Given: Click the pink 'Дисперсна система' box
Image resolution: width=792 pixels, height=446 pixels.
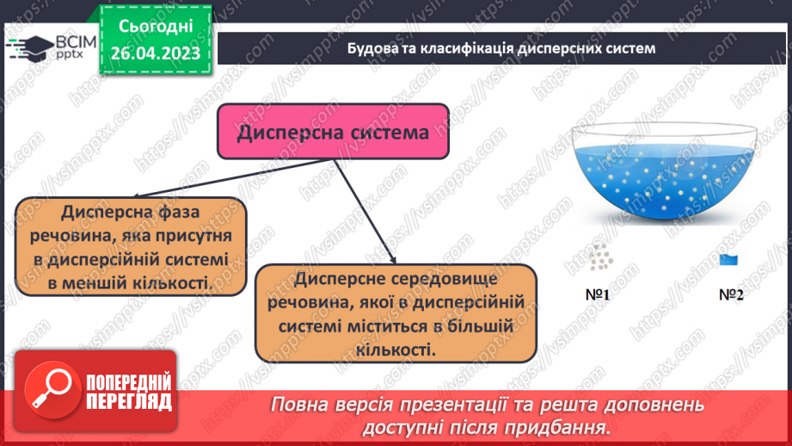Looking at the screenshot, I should tap(333, 132).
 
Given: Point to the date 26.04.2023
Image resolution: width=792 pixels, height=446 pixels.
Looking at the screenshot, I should tap(155, 54).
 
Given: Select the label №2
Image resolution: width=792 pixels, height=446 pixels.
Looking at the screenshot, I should tap(730, 294).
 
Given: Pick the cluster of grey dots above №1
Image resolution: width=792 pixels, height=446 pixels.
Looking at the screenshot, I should tap(600, 257).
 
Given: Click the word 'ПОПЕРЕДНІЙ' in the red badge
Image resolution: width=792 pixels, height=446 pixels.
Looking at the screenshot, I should tap(129, 381).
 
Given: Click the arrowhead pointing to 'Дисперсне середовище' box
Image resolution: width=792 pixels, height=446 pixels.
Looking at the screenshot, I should tap(393, 257).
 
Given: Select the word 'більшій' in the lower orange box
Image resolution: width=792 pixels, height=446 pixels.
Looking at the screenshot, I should tap(482, 327).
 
